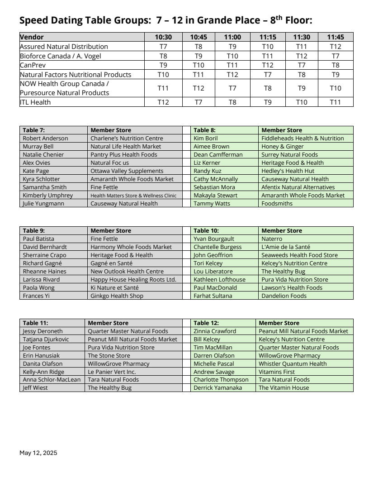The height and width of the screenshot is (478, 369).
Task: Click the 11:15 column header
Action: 267,37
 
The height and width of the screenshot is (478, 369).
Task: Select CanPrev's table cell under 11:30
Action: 302,65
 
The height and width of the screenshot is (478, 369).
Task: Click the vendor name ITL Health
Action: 35,102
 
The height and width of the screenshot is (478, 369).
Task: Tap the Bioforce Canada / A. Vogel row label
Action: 60,56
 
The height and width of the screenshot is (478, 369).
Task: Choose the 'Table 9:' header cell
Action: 34,231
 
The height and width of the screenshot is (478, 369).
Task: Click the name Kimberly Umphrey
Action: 47,196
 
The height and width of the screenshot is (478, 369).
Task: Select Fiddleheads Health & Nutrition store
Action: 303,139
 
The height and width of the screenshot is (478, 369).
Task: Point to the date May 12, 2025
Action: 38,453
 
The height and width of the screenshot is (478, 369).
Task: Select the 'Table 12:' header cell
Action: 206,323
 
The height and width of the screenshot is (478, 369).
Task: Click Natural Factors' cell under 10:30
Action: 163,75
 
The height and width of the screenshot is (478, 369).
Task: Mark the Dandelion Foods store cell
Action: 284,296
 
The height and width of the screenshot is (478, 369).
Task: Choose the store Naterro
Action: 272,239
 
